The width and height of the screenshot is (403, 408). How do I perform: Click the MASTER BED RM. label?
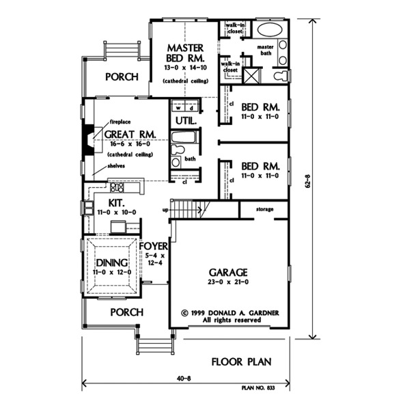pyautogui.click(x=185, y=53)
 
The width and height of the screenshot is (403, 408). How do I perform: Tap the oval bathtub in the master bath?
pyautogui.click(x=270, y=30)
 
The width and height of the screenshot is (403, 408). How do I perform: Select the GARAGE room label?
pyautogui.click(x=228, y=273)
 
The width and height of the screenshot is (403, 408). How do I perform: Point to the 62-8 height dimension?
pyautogui.click(x=308, y=181)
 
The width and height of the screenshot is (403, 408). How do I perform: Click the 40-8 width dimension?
pyautogui.click(x=184, y=379)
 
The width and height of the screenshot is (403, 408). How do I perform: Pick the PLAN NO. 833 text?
pyautogui.click(x=258, y=388)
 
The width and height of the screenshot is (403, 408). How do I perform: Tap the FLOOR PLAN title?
pyautogui.click(x=241, y=362)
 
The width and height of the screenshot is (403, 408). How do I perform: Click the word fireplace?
pyautogui.click(x=120, y=122)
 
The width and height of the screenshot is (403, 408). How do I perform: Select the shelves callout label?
pyautogui.click(x=116, y=166)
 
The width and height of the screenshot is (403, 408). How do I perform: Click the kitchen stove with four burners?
pyautogui.click(x=117, y=187)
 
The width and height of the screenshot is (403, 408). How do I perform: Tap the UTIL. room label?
pyautogui.click(x=186, y=121)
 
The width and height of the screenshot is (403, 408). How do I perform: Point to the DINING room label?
pyautogui.click(x=112, y=263)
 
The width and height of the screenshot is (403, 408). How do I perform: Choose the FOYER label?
pyautogui.click(x=154, y=246)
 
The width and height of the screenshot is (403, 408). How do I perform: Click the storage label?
pyautogui.click(x=264, y=209)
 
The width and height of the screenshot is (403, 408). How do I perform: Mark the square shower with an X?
pyautogui.click(x=252, y=76)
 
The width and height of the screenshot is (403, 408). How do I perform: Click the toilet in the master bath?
pyautogui.click(x=281, y=76)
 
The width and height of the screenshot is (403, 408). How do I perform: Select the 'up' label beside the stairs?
pyautogui.click(x=165, y=210)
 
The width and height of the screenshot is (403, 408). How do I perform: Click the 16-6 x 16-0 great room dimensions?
pyautogui.click(x=130, y=144)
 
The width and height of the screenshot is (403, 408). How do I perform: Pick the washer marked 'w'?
pyautogui.click(x=178, y=108)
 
